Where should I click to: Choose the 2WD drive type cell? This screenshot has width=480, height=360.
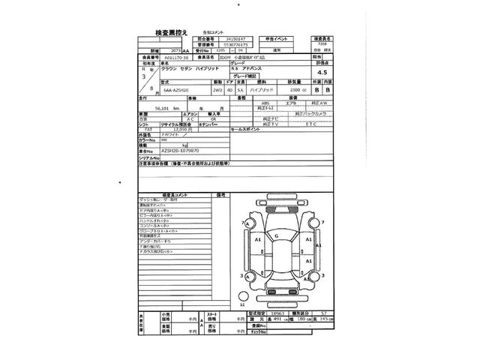216,91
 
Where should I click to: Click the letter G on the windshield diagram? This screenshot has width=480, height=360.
276,236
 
